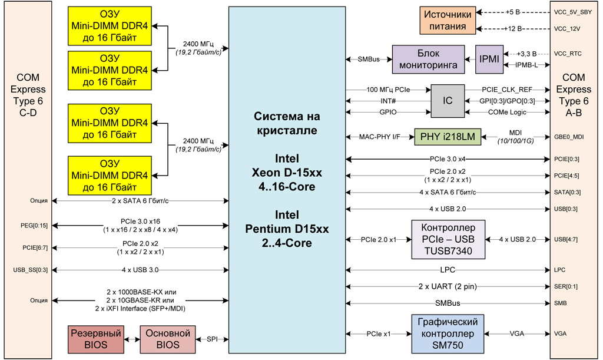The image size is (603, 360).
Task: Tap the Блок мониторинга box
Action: (428, 59)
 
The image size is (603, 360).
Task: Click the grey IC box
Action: (448, 100)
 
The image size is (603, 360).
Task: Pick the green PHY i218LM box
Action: (448, 137)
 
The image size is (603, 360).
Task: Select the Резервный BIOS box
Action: (96, 339)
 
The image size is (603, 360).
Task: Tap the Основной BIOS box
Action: (167, 339)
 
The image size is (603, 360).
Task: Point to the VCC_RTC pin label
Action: (568, 54)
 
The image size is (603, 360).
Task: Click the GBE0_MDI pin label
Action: (568, 137)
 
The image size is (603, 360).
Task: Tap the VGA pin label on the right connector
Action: (560, 333)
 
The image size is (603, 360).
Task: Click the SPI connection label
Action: (211, 339)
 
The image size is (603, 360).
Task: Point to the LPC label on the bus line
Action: (448, 270)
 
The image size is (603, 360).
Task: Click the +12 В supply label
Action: (513, 28)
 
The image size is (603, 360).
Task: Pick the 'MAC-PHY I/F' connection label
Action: (379, 137)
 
